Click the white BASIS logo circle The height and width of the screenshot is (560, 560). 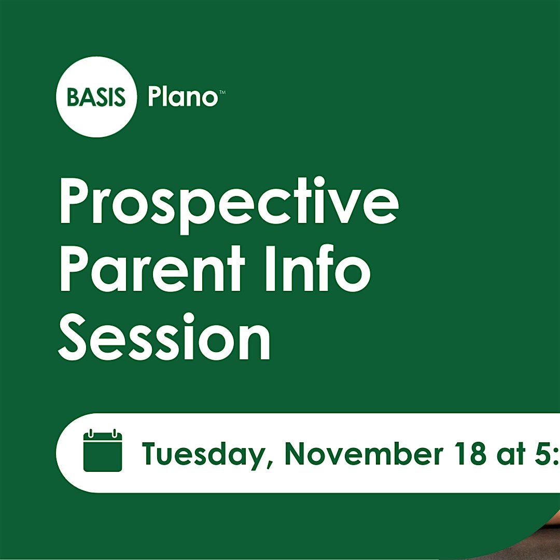[96, 97]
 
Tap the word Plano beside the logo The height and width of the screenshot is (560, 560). [183, 96]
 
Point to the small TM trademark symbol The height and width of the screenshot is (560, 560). [222, 92]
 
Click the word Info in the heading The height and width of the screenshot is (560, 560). [318, 268]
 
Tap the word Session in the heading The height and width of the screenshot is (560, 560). [164, 337]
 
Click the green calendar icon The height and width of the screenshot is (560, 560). [103, 451]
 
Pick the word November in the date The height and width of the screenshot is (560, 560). [364, 453]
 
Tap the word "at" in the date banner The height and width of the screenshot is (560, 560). [513, 454]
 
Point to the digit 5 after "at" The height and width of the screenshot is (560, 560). [543, 454]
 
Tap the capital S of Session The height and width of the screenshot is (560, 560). [72, 337]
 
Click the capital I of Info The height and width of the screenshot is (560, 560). [270, 269]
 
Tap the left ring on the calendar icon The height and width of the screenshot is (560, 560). [91, 433]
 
